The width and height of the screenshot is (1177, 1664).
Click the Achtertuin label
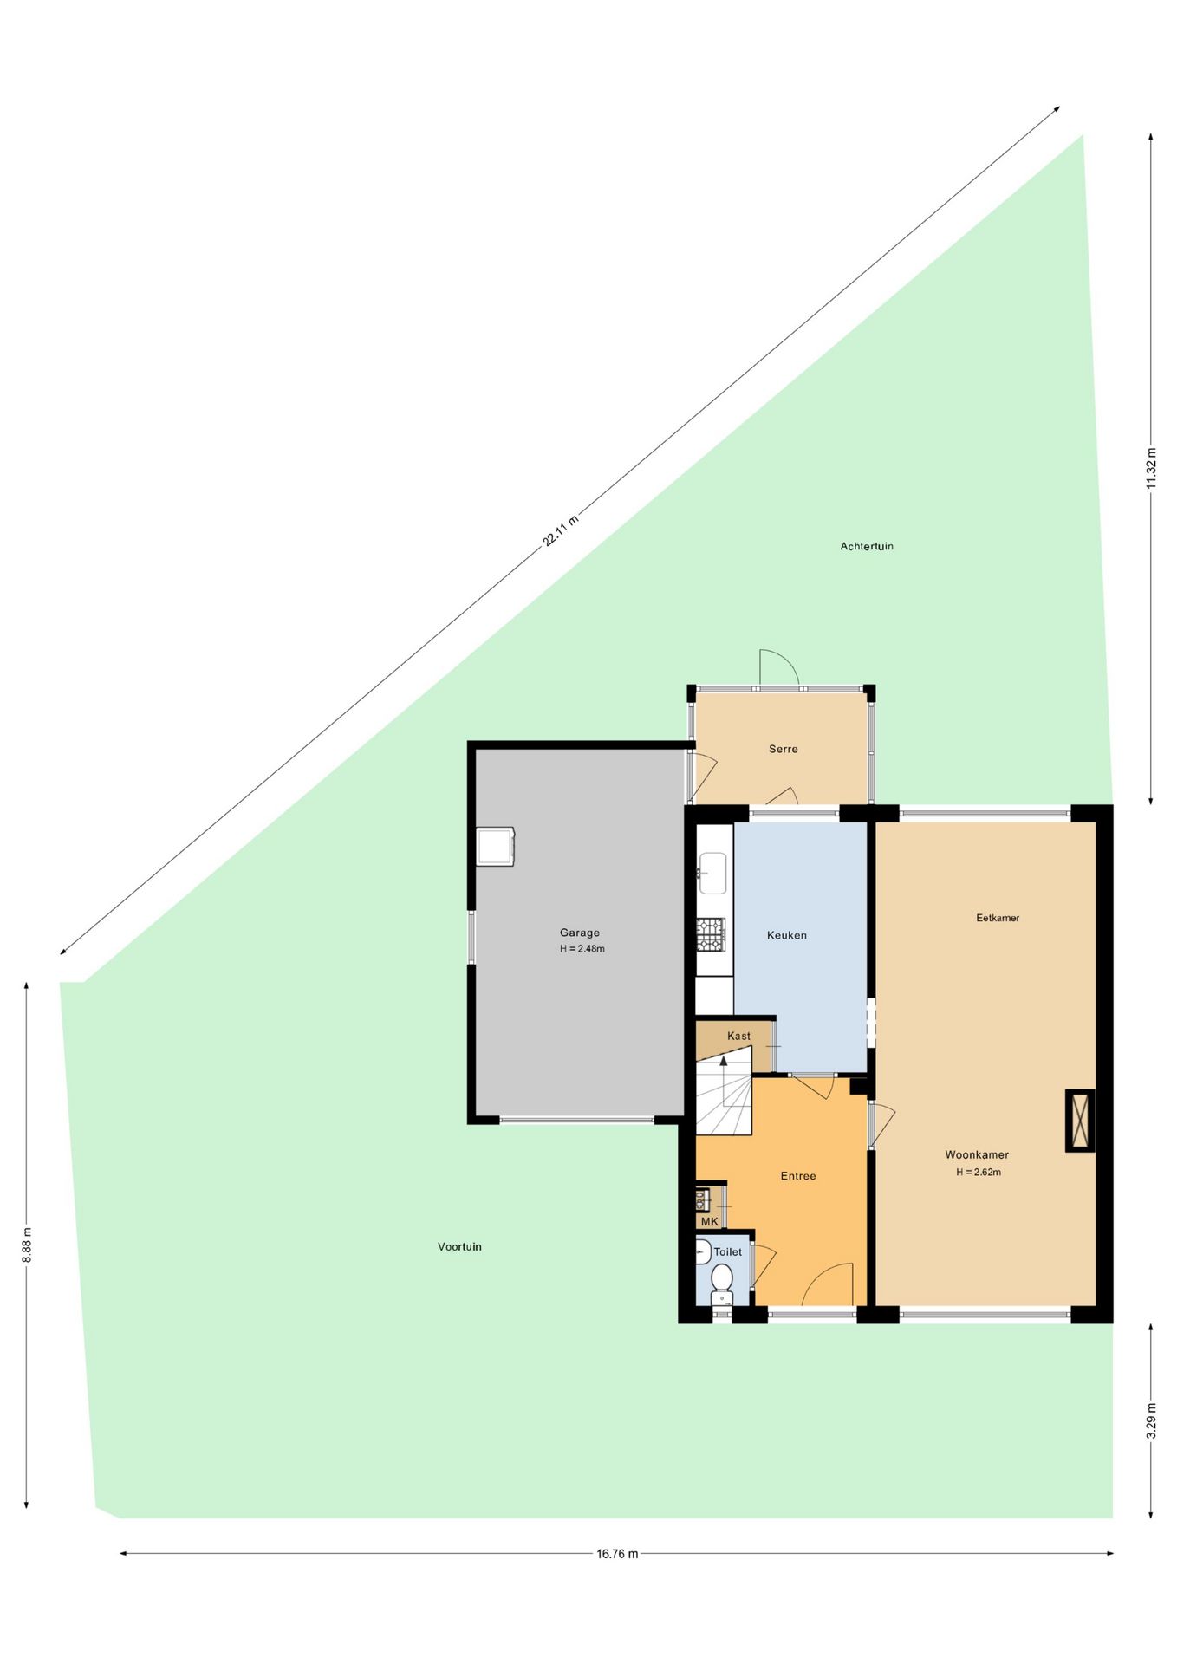(x=866, y=546)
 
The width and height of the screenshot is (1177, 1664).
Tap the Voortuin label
(x=459, y=1246)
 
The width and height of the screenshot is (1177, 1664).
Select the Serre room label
(x=783, y=749)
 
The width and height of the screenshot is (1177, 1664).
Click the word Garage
(x=580, y=933)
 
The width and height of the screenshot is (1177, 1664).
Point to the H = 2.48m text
(x=582, y=949)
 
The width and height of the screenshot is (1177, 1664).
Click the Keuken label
(x=787, y=935)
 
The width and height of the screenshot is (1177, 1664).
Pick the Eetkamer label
(x=998, y=918)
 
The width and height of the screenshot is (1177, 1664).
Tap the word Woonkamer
(x=977, y=1154)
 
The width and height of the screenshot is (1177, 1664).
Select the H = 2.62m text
(x=979, y=1172)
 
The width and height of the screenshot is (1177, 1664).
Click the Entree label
(x=798, y=1176)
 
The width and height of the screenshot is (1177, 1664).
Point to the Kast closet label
(x=738, y=1036)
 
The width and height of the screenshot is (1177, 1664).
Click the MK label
(x=710, y=1222)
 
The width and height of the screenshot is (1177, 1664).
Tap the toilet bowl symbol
(x=721, y=1277)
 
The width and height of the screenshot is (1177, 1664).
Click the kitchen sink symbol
(x=712, y=873)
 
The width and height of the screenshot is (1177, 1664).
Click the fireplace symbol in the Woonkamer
(x=1080, y=1121)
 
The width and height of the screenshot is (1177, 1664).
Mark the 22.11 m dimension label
(x=560, y=531)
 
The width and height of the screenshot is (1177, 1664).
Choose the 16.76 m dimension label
(x=617, y=1554)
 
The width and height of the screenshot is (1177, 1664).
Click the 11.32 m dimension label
(x=1151, y=469)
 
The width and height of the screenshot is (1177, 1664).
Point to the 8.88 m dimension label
(x=27, y=1245)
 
